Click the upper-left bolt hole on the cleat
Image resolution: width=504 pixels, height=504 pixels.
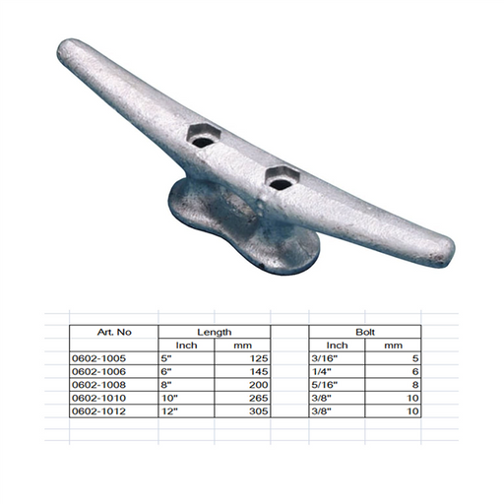[203, 142]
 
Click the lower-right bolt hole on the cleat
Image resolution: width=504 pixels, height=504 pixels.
[280, 184]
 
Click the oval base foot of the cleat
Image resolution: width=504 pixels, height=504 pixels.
[243, 226]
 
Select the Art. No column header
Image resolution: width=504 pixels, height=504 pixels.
[114, 332]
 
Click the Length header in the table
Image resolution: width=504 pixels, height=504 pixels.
[215, 332]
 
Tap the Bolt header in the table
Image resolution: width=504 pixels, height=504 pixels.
[365, 332]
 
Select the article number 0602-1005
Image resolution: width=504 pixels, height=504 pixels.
[98, 358]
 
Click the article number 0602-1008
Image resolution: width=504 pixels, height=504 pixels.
[98, 385]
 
